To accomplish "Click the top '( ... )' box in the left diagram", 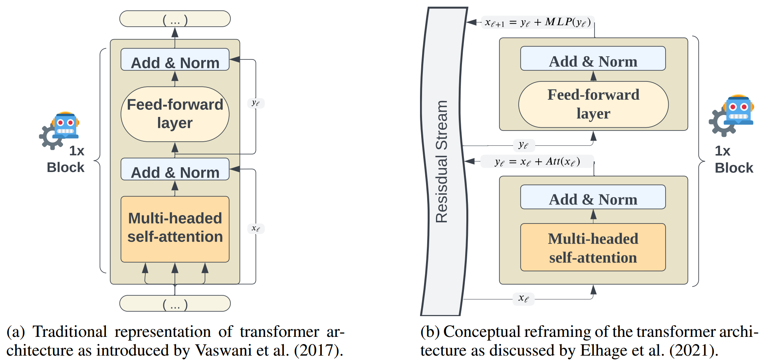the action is (175, 19).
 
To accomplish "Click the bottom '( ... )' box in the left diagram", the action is (175, 303).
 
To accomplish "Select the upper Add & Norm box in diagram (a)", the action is (175, 59).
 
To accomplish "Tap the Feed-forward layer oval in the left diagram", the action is (175, 114).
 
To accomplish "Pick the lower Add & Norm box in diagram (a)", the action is (175, 169).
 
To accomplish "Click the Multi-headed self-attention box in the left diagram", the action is (175, 229).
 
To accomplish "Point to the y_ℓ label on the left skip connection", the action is (256, 103).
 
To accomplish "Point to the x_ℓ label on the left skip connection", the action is (256, 228).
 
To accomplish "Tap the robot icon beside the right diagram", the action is (731, 115).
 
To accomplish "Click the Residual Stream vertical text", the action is (442, 161).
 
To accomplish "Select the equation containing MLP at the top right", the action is (538, 22).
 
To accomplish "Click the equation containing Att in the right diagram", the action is (537, 162).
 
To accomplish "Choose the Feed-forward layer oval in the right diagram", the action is (593, 105).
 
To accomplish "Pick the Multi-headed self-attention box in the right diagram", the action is (593, 247).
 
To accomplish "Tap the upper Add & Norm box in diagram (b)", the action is (593, 59).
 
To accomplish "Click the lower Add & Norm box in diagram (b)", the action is (593, 197).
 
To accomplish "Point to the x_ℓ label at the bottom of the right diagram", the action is (523, 298).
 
